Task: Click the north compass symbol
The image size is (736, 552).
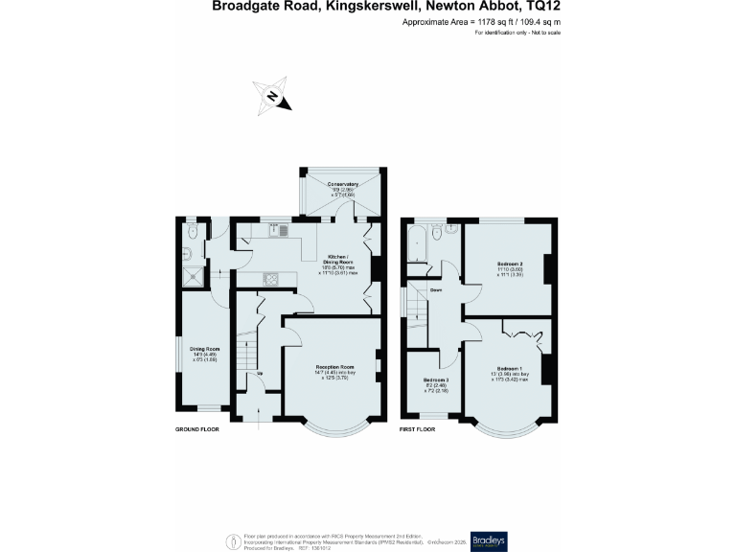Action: point(273,96)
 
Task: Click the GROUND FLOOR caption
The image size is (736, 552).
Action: point(196,429)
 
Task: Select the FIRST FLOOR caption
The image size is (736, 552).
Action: point(417,429)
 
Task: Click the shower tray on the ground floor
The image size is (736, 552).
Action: point(194,277)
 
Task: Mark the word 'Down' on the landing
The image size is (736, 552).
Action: point(435,289)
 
